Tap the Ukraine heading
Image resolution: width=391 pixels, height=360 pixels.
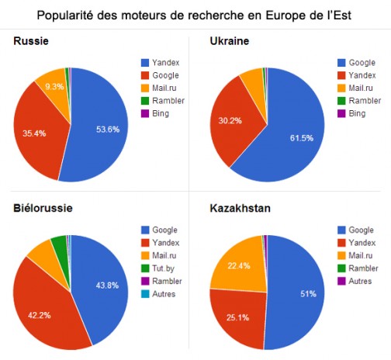[230, 41]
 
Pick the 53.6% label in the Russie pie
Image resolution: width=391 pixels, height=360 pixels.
[108, 130]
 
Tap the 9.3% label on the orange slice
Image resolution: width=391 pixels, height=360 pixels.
[54, 87]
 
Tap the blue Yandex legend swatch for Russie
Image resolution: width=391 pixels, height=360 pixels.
[145, 62]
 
